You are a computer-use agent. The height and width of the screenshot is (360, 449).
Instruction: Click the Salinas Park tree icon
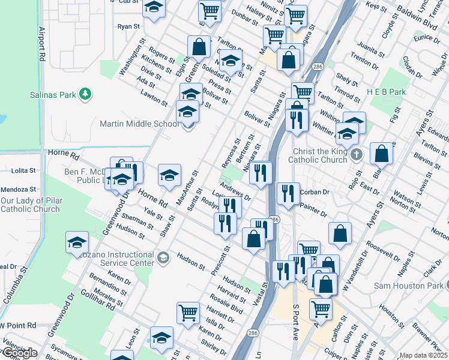click(86, 94)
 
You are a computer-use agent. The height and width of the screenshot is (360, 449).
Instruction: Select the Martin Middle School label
click(139, 124)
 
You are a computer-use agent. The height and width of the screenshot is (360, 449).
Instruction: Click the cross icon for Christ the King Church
click(357, 155)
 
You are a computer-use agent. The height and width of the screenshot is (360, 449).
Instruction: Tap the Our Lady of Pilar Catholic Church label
click(30, 205)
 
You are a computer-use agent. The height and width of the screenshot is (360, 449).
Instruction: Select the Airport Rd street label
click(42, 45)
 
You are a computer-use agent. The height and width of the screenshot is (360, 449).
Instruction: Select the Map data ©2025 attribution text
click(423, 355)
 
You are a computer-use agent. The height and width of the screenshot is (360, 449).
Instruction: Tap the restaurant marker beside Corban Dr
click(289, 193)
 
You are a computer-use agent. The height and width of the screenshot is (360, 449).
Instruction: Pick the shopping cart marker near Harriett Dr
click(188, 312)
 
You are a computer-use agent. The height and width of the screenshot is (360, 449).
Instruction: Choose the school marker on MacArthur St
click(169, 175)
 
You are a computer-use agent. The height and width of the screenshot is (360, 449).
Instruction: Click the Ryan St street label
click(128, 26)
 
